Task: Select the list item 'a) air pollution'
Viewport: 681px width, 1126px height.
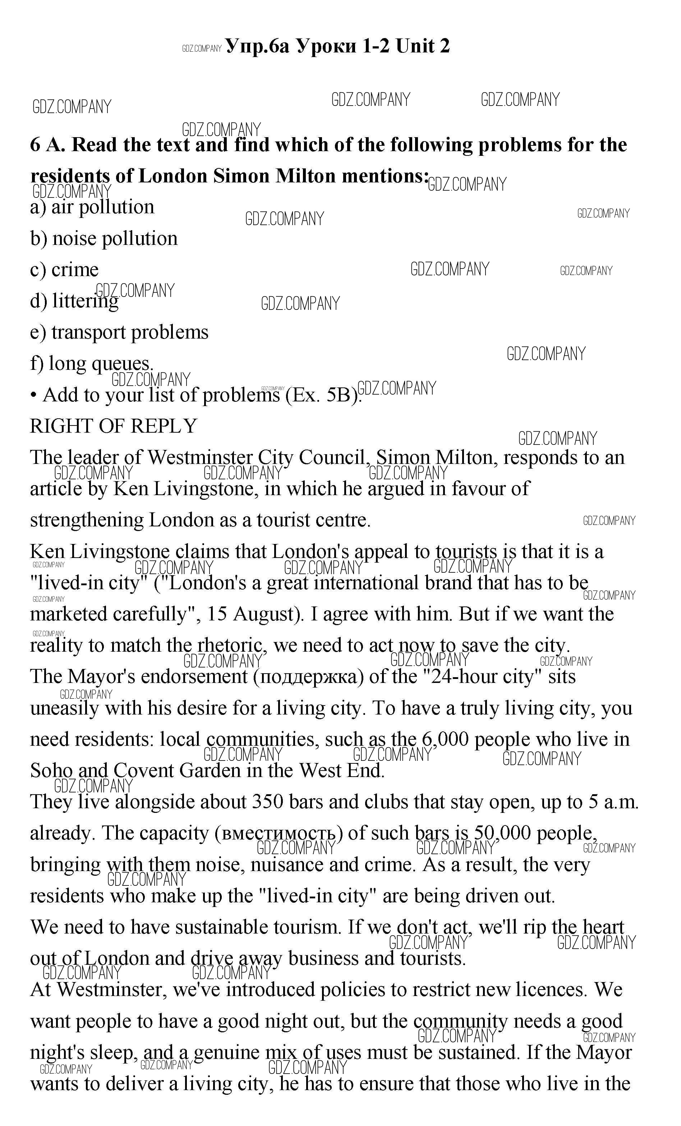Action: pos(92,208)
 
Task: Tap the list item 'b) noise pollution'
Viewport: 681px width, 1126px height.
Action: pos(104,238)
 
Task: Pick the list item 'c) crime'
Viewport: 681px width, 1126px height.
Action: pos(64,270)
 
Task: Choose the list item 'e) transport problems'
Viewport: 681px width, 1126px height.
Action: pos(119,332)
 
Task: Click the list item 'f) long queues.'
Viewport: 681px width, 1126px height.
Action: pos(92,364)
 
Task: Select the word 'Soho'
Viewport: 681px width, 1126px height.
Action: pos(51,771)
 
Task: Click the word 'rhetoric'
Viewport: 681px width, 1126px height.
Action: pos(231,645)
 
